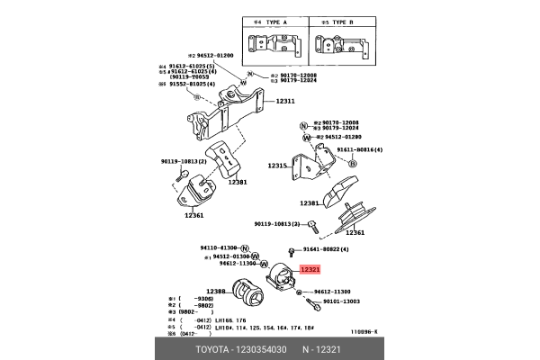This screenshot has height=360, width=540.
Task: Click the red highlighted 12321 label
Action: [x=310, y=269]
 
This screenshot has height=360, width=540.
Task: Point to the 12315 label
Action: [x=277, y=166]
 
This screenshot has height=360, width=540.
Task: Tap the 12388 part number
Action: [x=216, y=291]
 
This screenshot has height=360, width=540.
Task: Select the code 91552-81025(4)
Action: [x=197, y=85]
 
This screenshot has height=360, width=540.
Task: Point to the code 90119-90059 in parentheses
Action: [x=191, y=77]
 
